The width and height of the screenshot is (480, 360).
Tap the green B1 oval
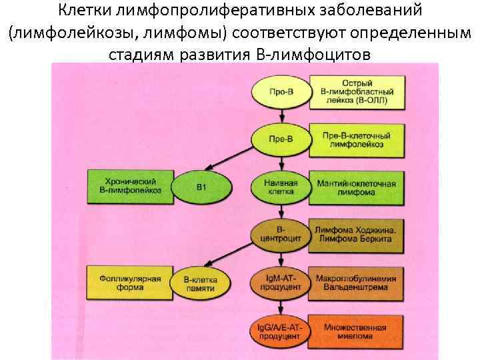tap(201, 186)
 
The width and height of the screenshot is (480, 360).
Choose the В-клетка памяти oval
tap(201, 280)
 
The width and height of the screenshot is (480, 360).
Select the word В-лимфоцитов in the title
tap(313, 53)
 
